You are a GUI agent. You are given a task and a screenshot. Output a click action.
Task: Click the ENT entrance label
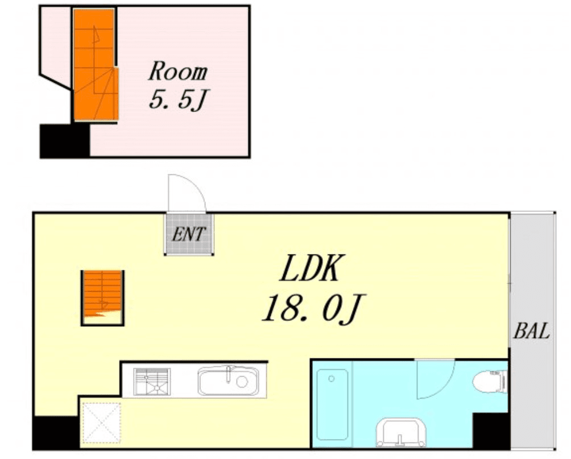coord(189,234)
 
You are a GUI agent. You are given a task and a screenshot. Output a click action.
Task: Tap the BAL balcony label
coord(531,331)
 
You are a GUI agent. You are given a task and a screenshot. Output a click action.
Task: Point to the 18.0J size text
coord(313,308)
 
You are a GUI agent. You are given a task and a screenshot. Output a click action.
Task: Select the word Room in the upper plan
coord(177,71)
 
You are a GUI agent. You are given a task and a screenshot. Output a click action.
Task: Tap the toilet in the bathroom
coord(490,382)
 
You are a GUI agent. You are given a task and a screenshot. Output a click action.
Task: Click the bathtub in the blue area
coord(332,404)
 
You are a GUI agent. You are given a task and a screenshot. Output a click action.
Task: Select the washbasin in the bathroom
coord(401,432)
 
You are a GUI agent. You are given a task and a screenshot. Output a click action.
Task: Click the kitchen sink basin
coord(228,381)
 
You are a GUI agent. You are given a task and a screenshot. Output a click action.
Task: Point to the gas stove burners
coord(151,382)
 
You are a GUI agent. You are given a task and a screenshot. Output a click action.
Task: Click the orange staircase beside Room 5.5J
coord(96,65)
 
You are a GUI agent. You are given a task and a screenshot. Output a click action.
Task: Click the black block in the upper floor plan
coord(64,141)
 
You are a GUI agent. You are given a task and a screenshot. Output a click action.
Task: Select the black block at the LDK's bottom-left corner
coord(56,433)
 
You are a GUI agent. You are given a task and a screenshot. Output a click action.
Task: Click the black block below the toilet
coord(491,431)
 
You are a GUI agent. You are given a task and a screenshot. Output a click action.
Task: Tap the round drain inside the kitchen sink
coord(242,382)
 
